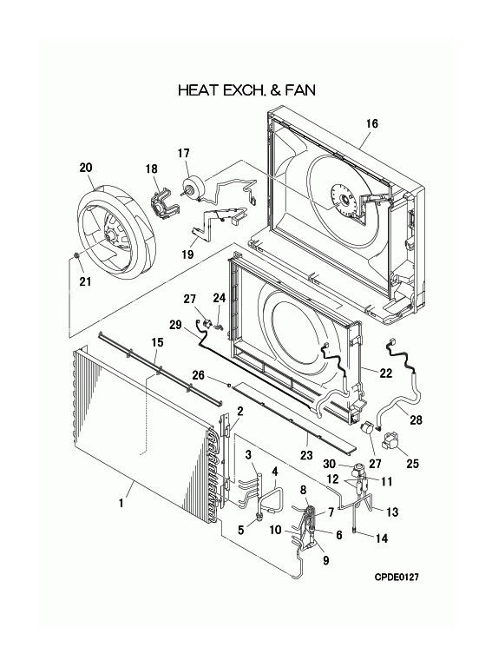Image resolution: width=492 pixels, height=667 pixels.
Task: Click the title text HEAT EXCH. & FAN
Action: click(246, 89)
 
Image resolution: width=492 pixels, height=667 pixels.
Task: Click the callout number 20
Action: click(86, 167)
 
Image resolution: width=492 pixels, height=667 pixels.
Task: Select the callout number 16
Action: click(371, 124)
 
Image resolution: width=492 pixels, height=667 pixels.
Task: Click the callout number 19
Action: click(187, 254)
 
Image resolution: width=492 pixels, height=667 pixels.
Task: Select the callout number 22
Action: click(386, 373)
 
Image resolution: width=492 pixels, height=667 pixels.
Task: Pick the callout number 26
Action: click(199, 375)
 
